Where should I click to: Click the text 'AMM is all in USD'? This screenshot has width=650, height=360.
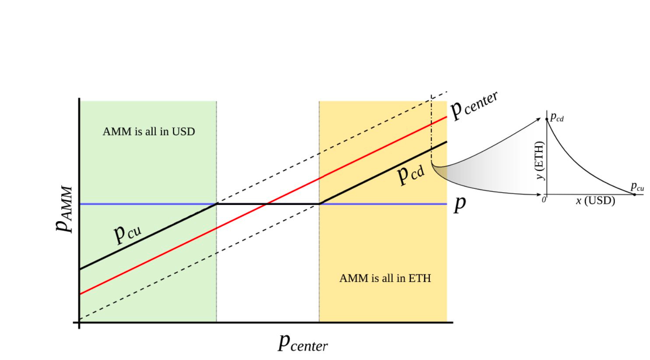click(x=148, y=131)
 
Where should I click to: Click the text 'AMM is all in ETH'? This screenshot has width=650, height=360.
click(x=385, y=278)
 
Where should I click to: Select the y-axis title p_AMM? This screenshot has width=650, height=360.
click(x=64, y=209)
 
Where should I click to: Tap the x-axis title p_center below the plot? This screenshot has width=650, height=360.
click(x=302, y=342)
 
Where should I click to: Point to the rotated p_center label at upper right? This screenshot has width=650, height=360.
click(x=474, y=105)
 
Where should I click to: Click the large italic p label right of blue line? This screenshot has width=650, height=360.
click(x=460, y=204)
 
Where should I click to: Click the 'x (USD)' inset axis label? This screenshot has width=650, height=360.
click(x=595, y=201)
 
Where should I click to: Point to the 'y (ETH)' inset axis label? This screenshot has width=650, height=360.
click(x=540, y=160)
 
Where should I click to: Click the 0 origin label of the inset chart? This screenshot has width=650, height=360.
click(x=544, y=200)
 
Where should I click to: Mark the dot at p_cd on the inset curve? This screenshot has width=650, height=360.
click(x=547, y=119)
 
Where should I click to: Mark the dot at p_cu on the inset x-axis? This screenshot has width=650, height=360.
click(x=634, y=194)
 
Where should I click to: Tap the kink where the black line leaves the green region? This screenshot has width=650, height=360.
click(x=217, y=204)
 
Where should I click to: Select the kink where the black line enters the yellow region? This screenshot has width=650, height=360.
click(x=320, y=204)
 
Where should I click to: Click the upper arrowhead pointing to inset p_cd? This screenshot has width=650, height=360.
click(x=540, y=119)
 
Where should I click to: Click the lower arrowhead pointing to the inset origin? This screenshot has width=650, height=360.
click(x=540, y=194)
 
